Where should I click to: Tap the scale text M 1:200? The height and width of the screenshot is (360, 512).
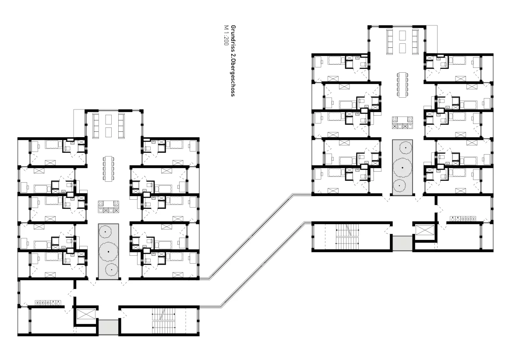click(226, 35)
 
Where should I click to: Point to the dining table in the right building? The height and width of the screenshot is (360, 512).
click(402, 84)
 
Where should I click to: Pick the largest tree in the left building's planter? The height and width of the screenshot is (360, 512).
click(109, 251)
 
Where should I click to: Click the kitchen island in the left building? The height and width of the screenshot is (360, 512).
click(109, 207)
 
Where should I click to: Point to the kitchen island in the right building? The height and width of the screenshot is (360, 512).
click(402, 122)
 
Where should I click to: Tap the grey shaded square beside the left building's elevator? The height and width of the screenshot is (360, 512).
click(108, 327)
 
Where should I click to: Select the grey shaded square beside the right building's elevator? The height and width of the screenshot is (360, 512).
click(402, 243)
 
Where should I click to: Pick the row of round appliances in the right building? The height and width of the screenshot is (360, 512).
click(463, 219)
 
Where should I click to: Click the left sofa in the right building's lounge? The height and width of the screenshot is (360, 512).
click(389, 42)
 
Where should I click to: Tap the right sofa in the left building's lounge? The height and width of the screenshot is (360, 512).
click(121, 126)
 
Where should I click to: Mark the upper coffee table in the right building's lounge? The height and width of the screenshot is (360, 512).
click(402, 35)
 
